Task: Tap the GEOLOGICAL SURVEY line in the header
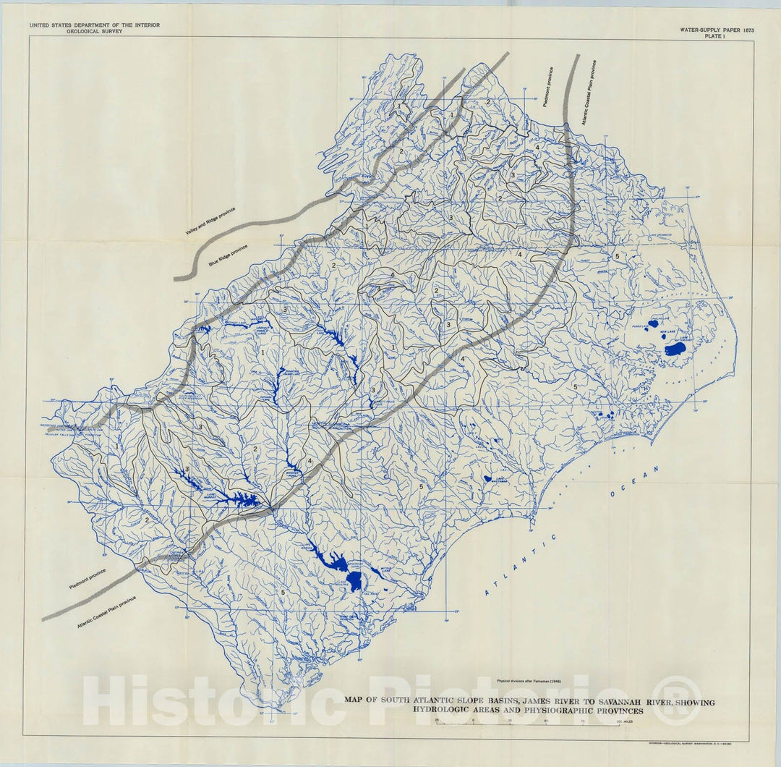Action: coord(94,32)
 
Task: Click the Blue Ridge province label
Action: coord(228,255)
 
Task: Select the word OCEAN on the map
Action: coord(636,482)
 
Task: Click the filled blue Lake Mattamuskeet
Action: coord(675,349)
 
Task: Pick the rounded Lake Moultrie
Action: coord(355,580)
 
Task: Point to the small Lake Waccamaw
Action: coord(487,478)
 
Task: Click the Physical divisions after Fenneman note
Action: coord(529,681)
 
